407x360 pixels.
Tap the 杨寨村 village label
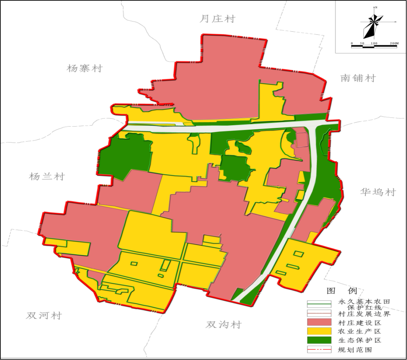tap(85, 69)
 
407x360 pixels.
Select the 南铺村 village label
tap(358, 78)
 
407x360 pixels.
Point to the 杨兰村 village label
tap(47, 176)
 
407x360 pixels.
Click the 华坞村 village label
tap(378, 192)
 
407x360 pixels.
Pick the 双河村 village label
tap(44, 316)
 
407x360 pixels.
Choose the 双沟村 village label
tap(223, 325)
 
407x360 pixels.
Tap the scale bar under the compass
tap(374, 46)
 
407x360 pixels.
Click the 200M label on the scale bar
tap(394, 43)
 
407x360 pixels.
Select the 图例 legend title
tap(341, 291)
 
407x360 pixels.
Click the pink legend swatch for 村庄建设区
tap(319, 323)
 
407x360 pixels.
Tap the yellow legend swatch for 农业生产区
tap(319, 331)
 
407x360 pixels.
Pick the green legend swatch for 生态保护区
tap(319, 340)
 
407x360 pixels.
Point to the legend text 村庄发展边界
tap(364, 314)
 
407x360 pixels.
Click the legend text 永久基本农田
tap(364, 302)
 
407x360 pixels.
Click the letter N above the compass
tap(376, 8)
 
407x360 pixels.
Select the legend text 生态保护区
tap(360, 340)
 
